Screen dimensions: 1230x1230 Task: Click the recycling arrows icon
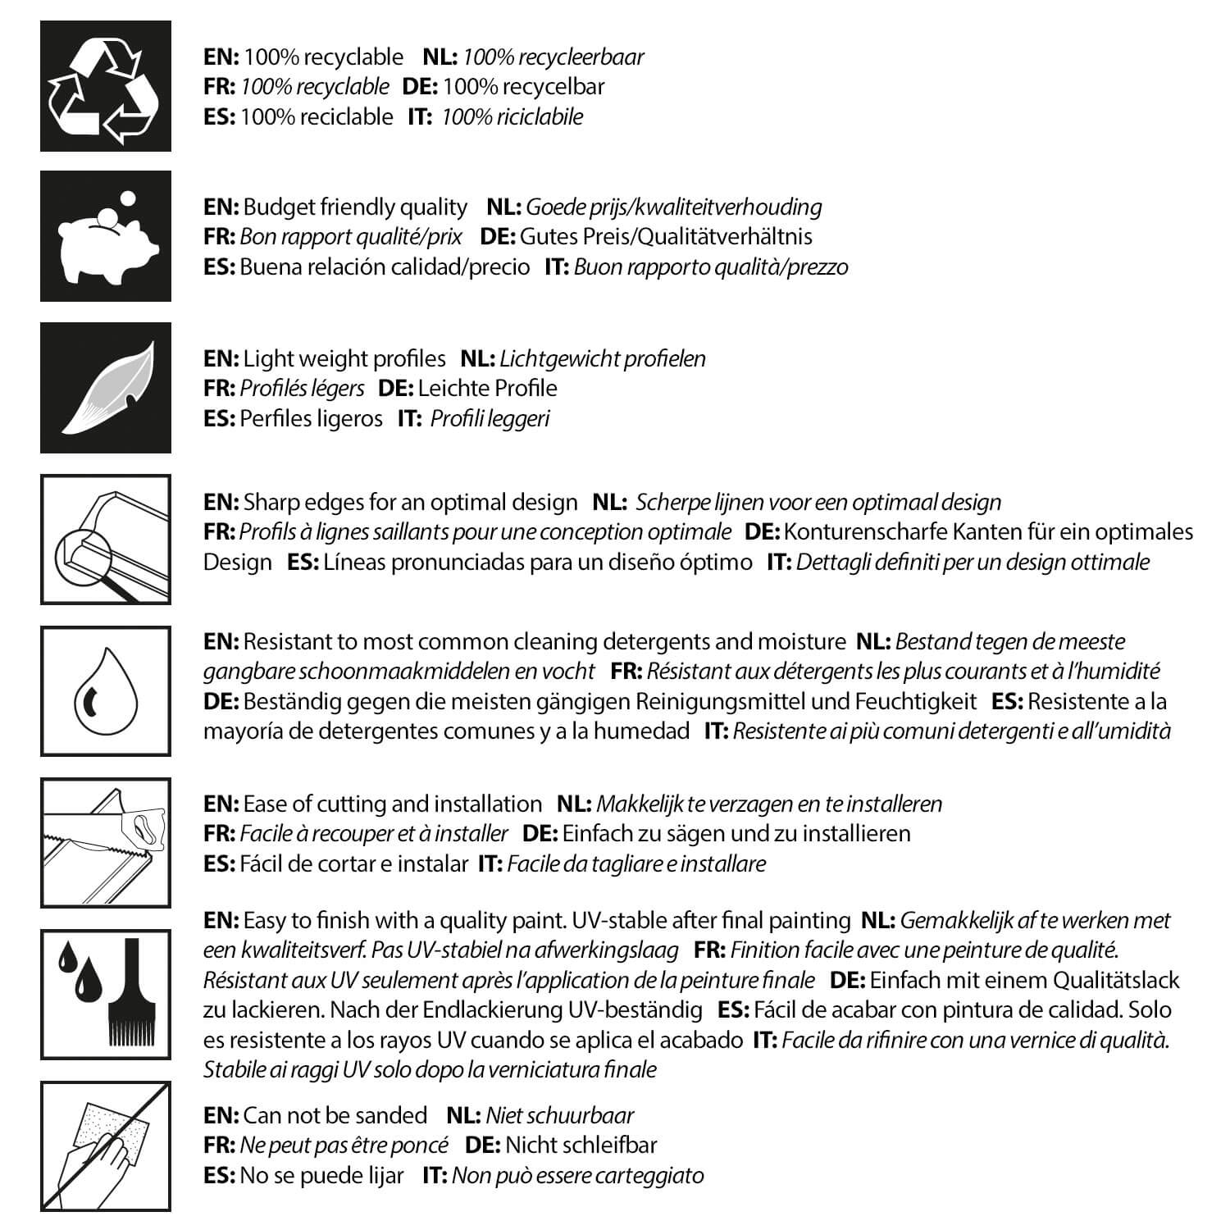(106, 86)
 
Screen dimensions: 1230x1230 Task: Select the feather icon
(106, 387)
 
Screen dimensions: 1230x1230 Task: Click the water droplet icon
(106, 691)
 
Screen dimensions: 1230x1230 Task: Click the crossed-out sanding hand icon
(106, 1146)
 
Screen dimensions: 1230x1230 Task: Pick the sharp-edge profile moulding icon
(106, 539)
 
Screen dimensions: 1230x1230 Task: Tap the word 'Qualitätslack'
(1116, 980)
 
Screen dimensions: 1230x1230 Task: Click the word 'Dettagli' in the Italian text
(832, 562)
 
